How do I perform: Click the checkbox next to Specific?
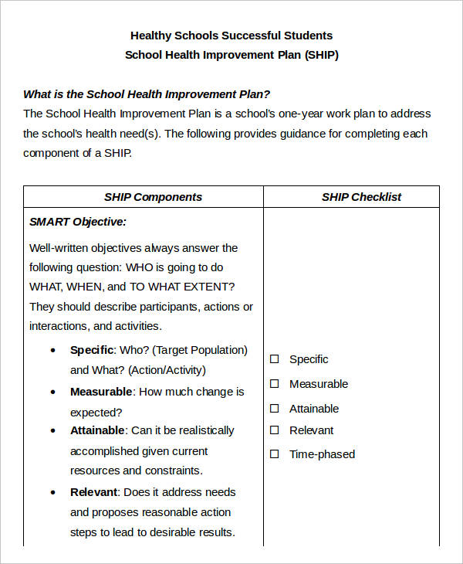274,359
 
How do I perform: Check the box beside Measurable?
274,384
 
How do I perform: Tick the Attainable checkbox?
274,409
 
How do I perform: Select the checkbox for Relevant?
274,430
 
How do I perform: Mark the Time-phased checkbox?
274,454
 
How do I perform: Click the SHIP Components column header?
153,197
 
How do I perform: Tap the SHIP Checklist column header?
361,197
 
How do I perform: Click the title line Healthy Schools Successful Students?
231,36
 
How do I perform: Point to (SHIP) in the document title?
321,56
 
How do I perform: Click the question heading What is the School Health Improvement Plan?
147,94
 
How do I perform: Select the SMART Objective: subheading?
78,222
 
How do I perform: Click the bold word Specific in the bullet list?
93,350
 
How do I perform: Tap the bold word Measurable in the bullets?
101,392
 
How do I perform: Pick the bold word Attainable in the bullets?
97,430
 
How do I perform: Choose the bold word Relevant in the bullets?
94,492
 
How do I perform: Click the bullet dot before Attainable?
53,431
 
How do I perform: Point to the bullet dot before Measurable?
53,392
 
